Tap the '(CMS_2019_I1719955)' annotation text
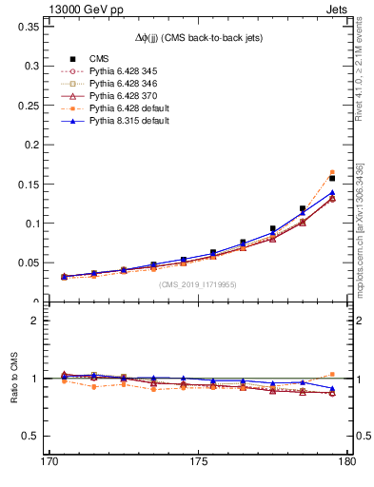coord(198,284)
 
